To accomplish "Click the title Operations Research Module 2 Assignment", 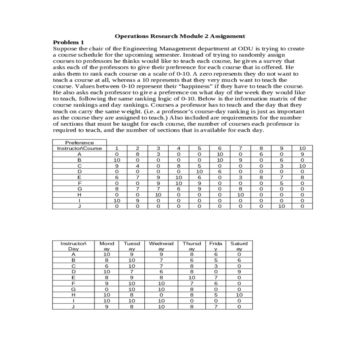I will [180, 36].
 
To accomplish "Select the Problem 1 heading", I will [68, 42].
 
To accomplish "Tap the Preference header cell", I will [79, 142].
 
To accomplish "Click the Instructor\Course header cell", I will [79, 148].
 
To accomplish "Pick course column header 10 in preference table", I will [302, 148].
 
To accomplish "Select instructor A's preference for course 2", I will [137, 154].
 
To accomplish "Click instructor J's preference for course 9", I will [281, 206].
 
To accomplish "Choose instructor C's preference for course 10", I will [302, 166].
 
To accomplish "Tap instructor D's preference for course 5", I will [199, 172].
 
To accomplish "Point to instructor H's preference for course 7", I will [240, 195].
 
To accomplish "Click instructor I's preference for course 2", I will [137, 200].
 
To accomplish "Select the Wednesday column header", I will [161, 246].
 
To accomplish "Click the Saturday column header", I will [239, 246].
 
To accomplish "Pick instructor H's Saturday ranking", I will [239, 295].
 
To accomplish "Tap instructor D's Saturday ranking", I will [239, 272].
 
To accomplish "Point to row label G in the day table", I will [73, 289].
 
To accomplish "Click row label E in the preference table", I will [79, 177].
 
